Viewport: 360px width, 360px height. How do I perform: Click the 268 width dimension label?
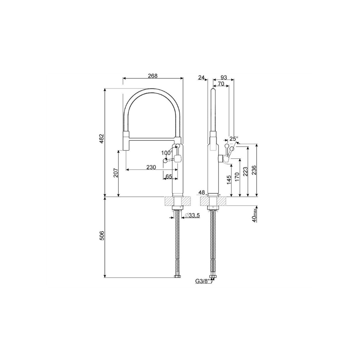point(153,76)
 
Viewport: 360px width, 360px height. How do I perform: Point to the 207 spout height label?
point(116,173)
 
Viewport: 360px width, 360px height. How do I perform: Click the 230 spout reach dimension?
point(151,167)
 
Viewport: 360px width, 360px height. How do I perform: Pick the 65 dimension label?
point(169,176)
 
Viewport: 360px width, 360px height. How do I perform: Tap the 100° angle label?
point(167,152)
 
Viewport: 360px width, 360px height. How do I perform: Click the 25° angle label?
point(234,139)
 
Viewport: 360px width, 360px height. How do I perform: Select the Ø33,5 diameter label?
point(192,215)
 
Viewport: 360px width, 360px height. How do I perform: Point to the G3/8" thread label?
point(203,281)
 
